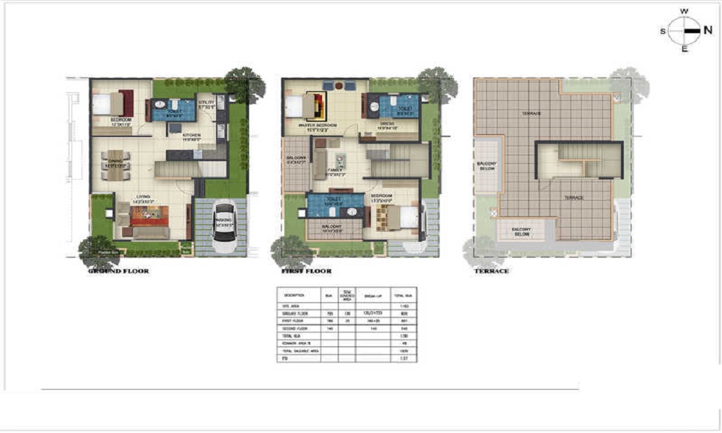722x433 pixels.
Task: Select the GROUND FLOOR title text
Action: click(118, 271)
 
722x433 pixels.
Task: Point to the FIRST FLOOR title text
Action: click(306, 271)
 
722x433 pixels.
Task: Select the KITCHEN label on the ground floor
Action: click(191, 135)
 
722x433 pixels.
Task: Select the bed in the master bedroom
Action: click(300, 106)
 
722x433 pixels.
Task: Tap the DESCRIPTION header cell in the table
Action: click(295, 295)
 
